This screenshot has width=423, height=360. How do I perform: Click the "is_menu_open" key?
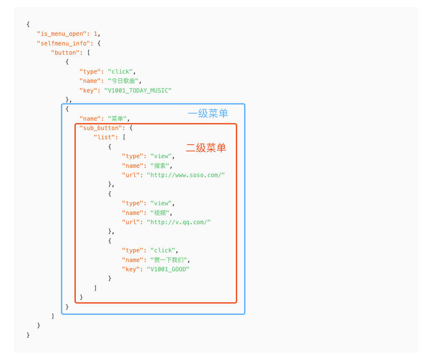(63, 34)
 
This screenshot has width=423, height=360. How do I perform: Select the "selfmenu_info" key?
(63, 43)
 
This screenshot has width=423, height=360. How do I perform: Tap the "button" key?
(65, 53)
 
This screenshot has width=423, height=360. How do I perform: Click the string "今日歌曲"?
(123, 81)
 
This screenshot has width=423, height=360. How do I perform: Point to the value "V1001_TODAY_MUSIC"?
(138, 90)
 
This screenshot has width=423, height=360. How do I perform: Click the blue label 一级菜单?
(208, 114)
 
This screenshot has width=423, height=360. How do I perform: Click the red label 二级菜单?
(206, 148)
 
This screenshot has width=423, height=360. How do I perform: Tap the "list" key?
(104, 138)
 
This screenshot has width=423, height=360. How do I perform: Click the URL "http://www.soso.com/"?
(186, 175)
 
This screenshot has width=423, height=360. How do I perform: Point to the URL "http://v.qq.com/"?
(178, 222)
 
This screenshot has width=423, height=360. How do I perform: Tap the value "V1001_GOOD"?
(168, 269)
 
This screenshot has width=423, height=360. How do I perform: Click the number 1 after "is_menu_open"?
(96, 34)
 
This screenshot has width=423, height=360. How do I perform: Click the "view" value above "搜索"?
(161, 156)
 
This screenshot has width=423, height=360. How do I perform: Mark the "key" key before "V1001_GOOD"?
(130, 269)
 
